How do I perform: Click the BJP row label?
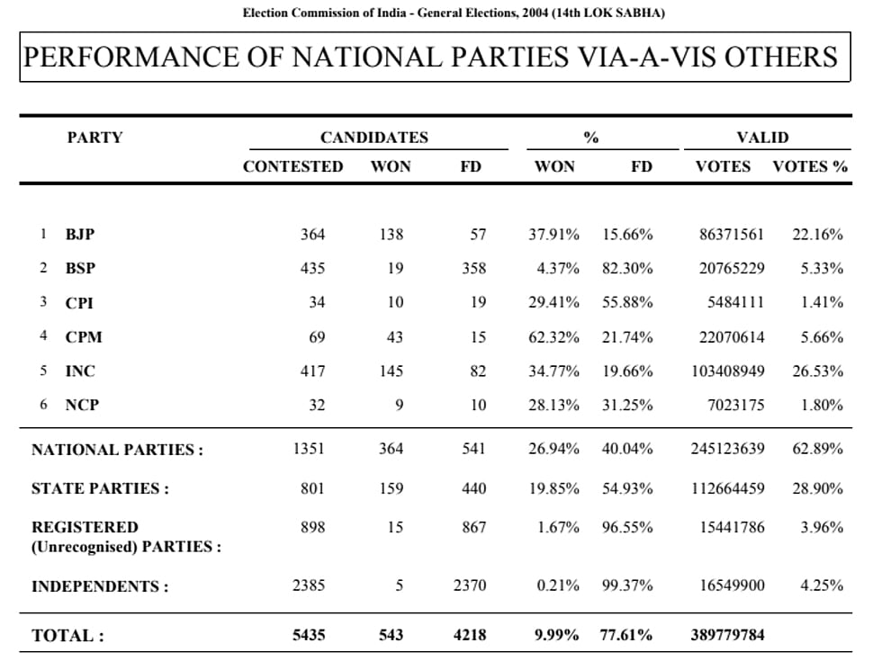(x=80, y=234)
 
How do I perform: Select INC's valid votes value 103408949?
(x=728, y=371)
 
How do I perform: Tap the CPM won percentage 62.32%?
(x=554, y=337)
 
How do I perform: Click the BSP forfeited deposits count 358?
(x=473, y=268)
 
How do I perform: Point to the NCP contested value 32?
(x=317, y=405)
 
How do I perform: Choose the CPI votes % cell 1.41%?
(x=822, y=302)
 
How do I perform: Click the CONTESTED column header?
(x=292, y=167)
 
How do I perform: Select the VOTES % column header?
(x=810, y=167)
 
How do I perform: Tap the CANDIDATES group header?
(x=374, y=138)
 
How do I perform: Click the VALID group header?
(x=763, y=138)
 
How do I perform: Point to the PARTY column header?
(x=94, y=138)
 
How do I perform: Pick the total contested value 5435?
(x=309, y=635)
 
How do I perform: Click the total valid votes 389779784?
(x=728, y=635)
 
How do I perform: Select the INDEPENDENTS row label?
(x=100, y=586)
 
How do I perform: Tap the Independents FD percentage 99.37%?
(x=627, y=585)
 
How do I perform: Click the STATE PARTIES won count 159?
(x=391, y=488)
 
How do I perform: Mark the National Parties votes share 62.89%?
(x=818, y=449)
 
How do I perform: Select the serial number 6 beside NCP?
(x=43, y=404)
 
